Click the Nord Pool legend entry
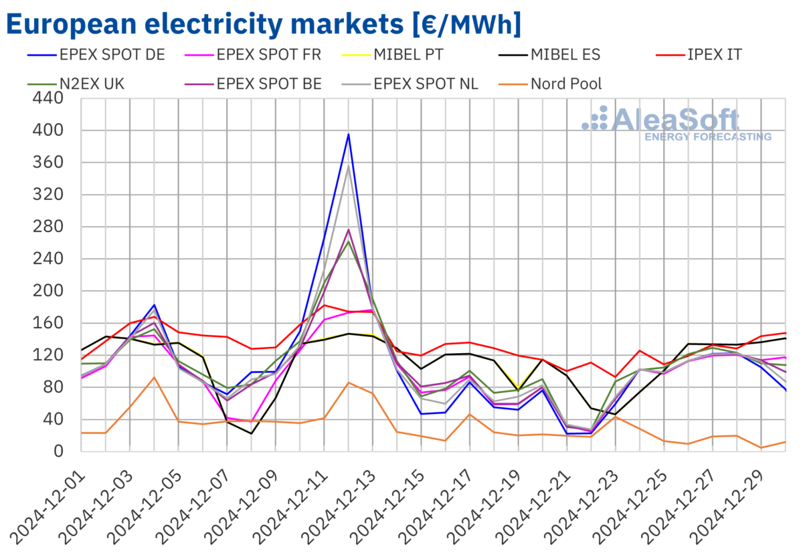tap(565, 84)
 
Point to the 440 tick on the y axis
tap(47, 98)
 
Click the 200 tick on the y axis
tap(47, 291)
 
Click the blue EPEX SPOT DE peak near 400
tap(348, 134)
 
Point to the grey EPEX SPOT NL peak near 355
tap(348, 166)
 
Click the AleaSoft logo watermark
tap(676, 124)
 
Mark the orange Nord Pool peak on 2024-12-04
tap(155, 377)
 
